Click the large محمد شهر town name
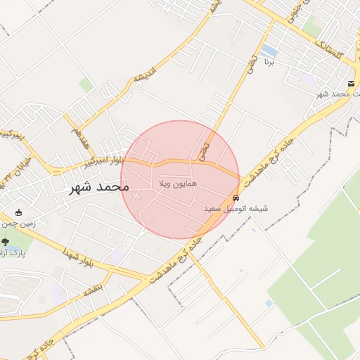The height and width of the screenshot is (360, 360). pyautogui.click(x=99, y=188)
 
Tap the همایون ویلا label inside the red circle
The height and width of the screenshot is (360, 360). pyautogui.click(x=177, y=184)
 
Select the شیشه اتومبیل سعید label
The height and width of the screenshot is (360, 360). pyautogui.click(x=233, y=209)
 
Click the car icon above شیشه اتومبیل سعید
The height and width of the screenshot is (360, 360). pyautogui.click(x=236, y=198)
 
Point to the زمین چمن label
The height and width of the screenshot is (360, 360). pyautogui.click(x=18, y=224)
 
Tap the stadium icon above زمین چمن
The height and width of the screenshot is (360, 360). pyautogui.click(x=18, y=212)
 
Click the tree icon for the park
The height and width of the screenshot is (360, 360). pyautogui.click(x=6, y=241)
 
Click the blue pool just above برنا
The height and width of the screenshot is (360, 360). pyautogui.click(x=269, y=51)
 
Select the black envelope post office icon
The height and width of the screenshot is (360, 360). pyautogui.click(x=350, y=84)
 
